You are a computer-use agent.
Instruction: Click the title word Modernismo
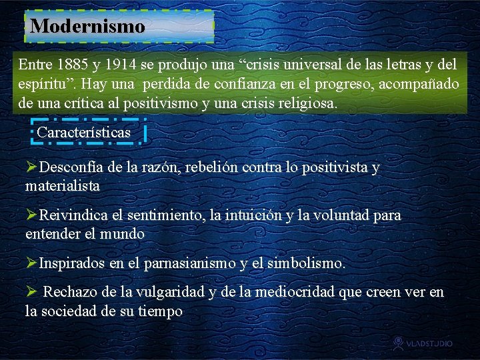87,27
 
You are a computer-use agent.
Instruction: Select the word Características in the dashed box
84,133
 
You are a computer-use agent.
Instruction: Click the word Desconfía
72,168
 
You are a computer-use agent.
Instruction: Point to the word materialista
62,186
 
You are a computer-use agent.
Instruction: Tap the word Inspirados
72,263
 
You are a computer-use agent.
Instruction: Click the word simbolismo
306,263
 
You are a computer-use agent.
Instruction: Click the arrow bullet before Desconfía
31,168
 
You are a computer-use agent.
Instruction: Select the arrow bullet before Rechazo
31,293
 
